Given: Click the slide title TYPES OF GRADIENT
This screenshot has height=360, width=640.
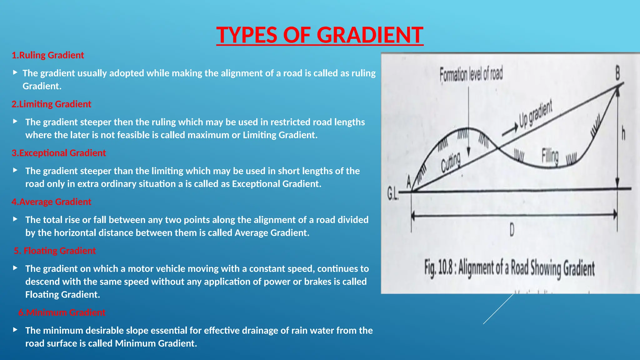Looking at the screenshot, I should click(320, 35).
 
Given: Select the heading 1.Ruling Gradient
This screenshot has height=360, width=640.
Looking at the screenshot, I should click(48, 55).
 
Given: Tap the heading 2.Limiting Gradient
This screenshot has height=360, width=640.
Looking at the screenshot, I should click(52, 104).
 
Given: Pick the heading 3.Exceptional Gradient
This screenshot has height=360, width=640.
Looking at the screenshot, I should click(59, 153).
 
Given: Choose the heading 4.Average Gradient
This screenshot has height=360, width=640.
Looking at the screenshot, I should click(52, 202).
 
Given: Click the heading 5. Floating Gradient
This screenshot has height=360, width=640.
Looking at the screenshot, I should click(55, 251).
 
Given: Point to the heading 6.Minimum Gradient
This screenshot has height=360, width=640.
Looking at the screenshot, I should click(62, 312).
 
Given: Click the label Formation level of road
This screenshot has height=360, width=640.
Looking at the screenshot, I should click(471, 74).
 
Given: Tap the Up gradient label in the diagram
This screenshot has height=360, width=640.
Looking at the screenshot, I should click(535, 114).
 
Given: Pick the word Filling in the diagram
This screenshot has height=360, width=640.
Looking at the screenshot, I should click(550, 156).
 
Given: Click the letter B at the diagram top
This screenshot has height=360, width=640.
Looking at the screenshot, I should click(617, 73).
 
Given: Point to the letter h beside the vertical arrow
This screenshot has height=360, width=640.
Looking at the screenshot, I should click(623, 133).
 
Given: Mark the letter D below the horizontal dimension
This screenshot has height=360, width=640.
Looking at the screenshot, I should click(512, 231).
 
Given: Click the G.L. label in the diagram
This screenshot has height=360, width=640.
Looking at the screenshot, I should click(393, 194).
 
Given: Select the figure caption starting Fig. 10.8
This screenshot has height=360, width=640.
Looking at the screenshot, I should click(509, 268).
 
